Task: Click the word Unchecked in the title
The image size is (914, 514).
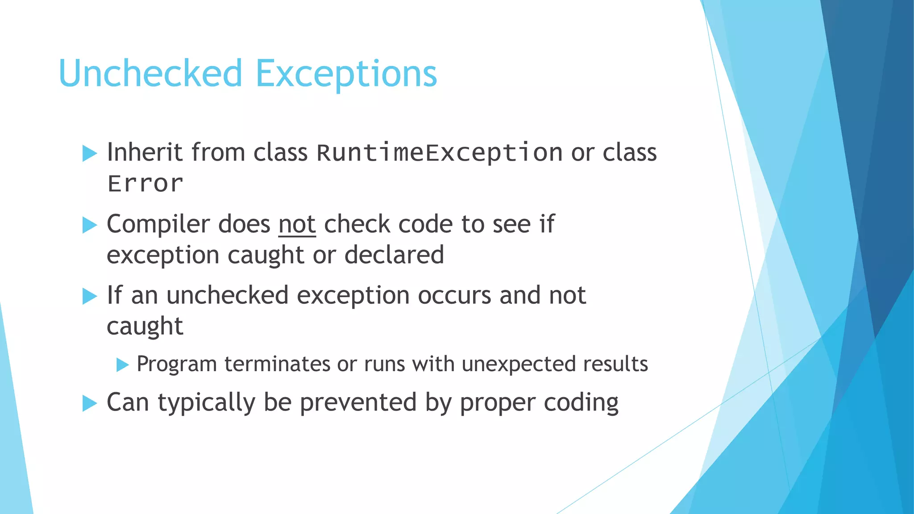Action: pyautogui.click(x=150, y=74)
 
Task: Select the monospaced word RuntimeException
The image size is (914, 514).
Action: pyautogui.click(x=439, y=153)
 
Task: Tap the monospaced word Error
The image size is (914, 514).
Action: pyautogui.click(x=145, y=184)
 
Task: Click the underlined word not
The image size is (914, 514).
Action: pyautogui.click(x=297, y=224)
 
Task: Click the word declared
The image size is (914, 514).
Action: pyautogui.click(x=394, y=255)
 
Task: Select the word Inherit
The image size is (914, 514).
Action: pyautogui.click(x=145, y=152)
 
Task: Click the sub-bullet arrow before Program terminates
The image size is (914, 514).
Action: pyautogui.click(x=122, y=365)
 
